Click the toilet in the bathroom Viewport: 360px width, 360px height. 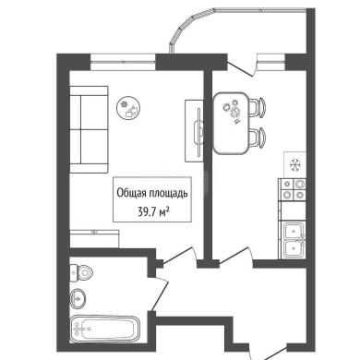81,272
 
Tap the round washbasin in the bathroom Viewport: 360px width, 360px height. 78,298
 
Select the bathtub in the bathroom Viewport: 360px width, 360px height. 104,329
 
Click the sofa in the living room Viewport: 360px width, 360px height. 89,129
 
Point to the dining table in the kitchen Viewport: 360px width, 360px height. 231,123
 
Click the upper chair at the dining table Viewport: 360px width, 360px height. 258,107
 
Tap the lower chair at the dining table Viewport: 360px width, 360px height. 258,138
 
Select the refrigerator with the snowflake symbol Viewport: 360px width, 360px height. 294,165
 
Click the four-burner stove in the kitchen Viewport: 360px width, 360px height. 293,189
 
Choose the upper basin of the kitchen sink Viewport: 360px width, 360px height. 294,231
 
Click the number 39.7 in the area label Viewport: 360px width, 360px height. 147,212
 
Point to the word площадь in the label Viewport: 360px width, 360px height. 168,194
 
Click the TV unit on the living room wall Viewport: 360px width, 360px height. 195,131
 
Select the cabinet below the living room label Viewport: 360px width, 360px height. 94,239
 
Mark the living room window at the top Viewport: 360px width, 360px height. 123,62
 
